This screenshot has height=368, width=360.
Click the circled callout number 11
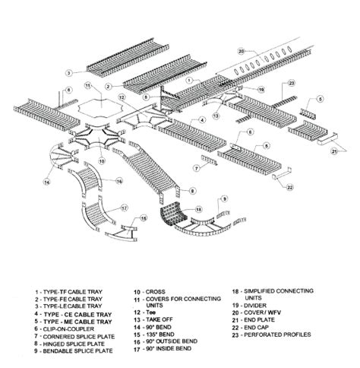coord(89,85)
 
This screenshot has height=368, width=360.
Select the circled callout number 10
coord(100,161)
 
